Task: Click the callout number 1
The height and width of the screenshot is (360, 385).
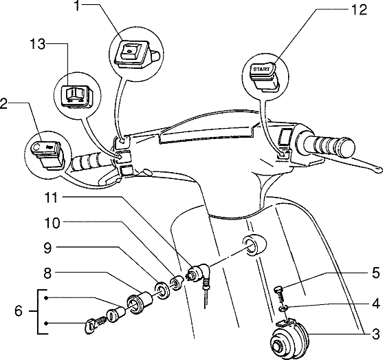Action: coord(78,8)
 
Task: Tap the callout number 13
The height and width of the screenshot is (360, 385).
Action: coord(38,45)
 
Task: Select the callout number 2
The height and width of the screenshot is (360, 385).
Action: coord(5,105)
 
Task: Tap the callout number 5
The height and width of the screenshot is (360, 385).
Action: coord(375,272)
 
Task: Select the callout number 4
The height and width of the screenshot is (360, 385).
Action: coord(375,302)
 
